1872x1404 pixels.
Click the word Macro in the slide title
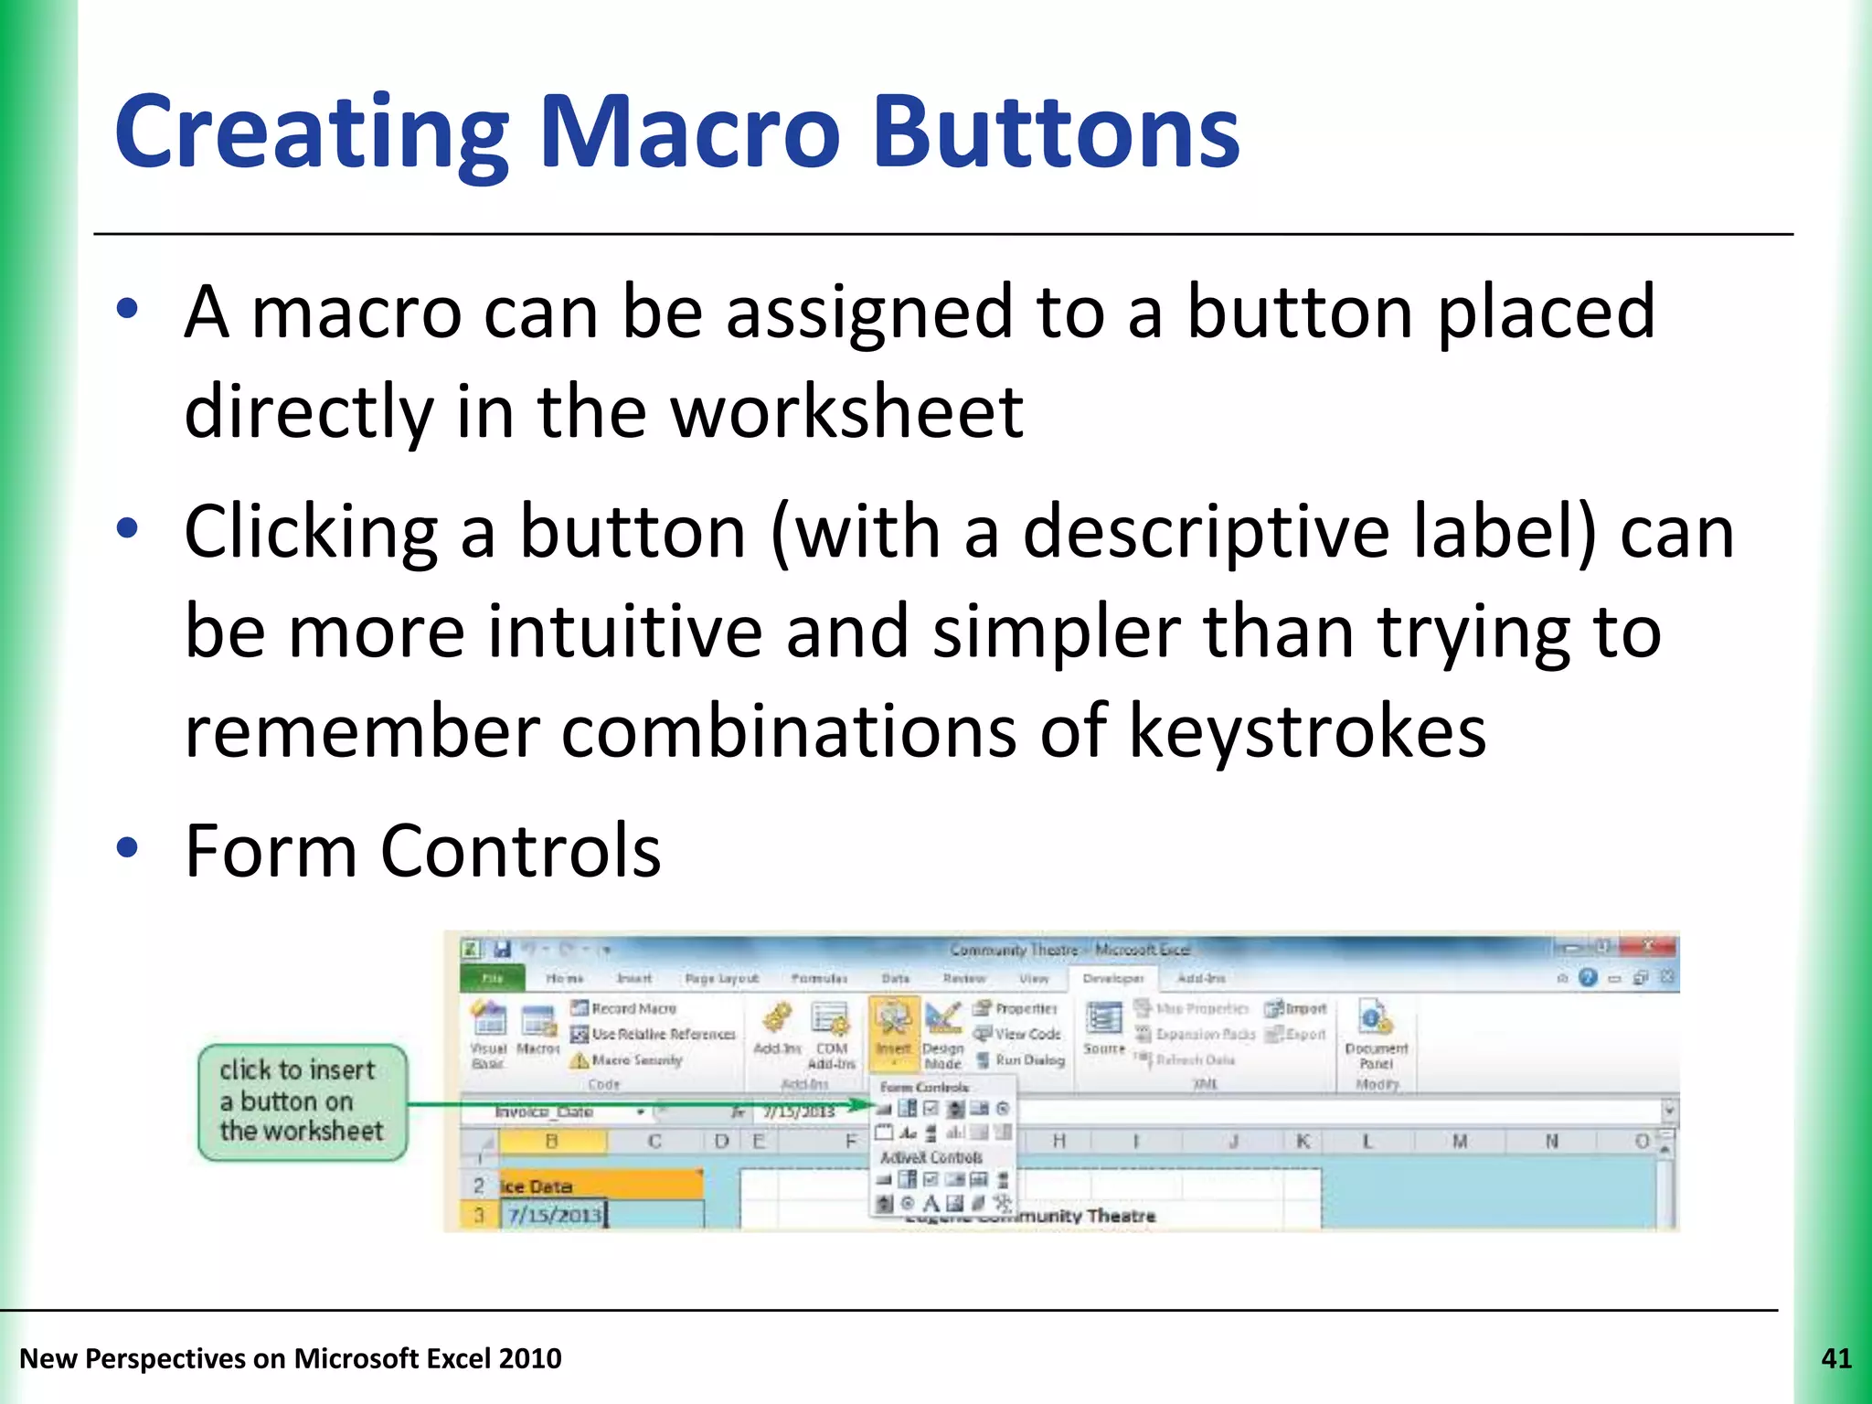[x=690, y=133]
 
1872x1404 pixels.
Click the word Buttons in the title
[x=1056, y=133]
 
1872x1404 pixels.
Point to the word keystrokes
[x=1307, y=731]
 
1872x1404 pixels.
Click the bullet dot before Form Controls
[x=127, y=848]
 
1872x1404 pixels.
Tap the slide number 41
[x=1835, y=1359]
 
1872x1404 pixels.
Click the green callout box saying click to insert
[x=302, y=1101]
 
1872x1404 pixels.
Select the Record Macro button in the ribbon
[x=624, y=1008]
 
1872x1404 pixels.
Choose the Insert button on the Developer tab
[x=893, y=1031]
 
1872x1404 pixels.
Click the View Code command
[x=1018, y=1034]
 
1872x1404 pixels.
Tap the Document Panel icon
[x=1375, y=1033]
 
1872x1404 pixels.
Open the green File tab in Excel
[x=493, y=978]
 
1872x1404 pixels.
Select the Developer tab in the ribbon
[x=1112, y=978]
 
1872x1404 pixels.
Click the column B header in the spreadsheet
[x=551, y=1141]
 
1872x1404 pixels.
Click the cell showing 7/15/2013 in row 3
[x=555, y=1215]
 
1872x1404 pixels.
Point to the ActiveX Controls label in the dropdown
[x=931, y=1157]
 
